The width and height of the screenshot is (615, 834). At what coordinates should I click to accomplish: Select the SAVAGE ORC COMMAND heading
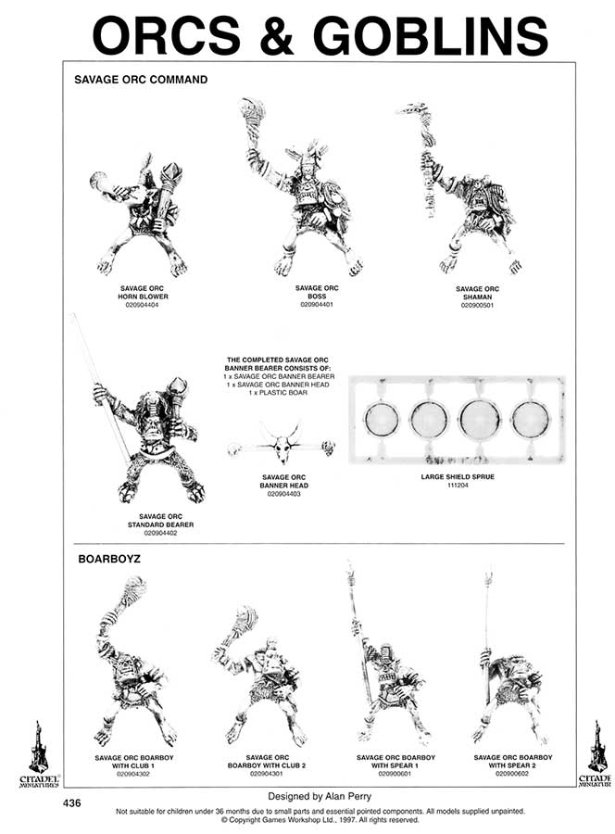click(x=141, y=80)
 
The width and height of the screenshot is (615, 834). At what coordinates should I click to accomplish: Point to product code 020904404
click(x=143, y=304)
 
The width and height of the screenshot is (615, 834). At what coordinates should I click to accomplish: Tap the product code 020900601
click(x=395, y=773)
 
